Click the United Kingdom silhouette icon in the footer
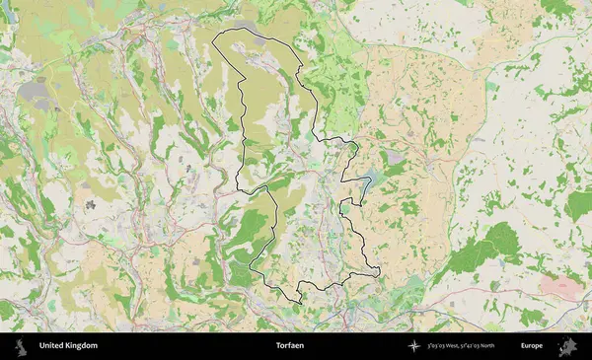(19, 346)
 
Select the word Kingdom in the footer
(83, 346)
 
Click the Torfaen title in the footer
(293, 346)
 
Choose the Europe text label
(532, 346)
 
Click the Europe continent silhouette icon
(568, 346)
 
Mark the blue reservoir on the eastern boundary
(369, 181)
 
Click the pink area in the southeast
(559, 286)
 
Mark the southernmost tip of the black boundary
(299, 300)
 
